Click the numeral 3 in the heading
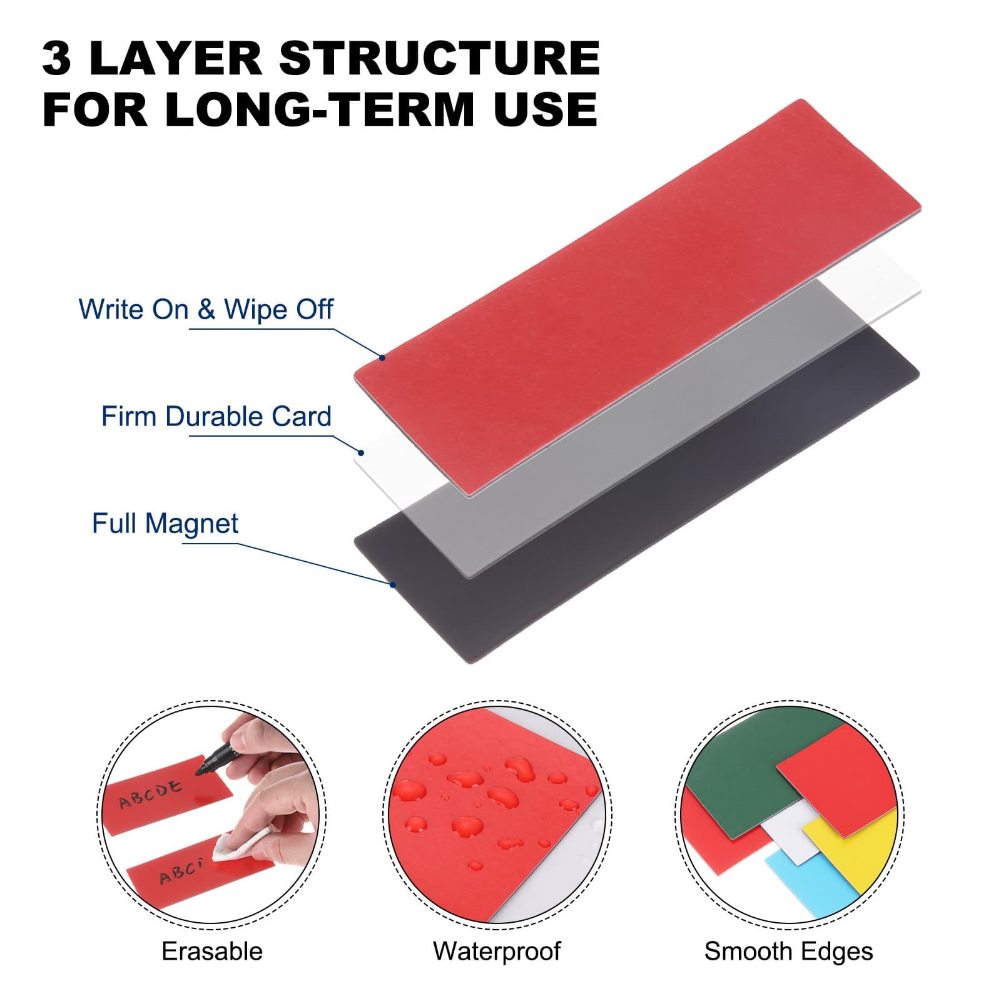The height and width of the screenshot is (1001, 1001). click(x=56, y=59)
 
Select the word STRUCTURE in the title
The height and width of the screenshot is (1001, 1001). click(x=439, y=59)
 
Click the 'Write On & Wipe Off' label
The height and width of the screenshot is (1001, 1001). click(x=206, y=309)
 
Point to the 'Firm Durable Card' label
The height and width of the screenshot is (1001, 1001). click(x=216, y=417)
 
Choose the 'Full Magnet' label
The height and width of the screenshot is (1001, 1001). click(x=165, y=524)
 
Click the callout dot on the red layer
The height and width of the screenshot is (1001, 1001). click(x=382, y=358)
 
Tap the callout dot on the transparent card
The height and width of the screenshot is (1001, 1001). click(x=361, y=452)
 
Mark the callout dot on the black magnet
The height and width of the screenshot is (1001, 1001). click(x=393, y=585)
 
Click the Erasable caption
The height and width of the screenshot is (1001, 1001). click(x=212, y=952)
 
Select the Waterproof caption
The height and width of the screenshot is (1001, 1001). click(x=497, y=952)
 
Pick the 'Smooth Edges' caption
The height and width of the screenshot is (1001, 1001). click(x=788, y=952)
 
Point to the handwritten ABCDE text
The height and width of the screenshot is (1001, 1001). click(x=150, y=793)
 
